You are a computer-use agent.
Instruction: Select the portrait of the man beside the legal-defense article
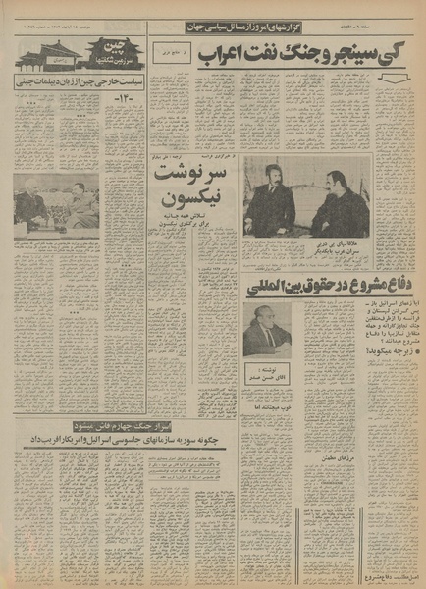click(263, 328)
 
